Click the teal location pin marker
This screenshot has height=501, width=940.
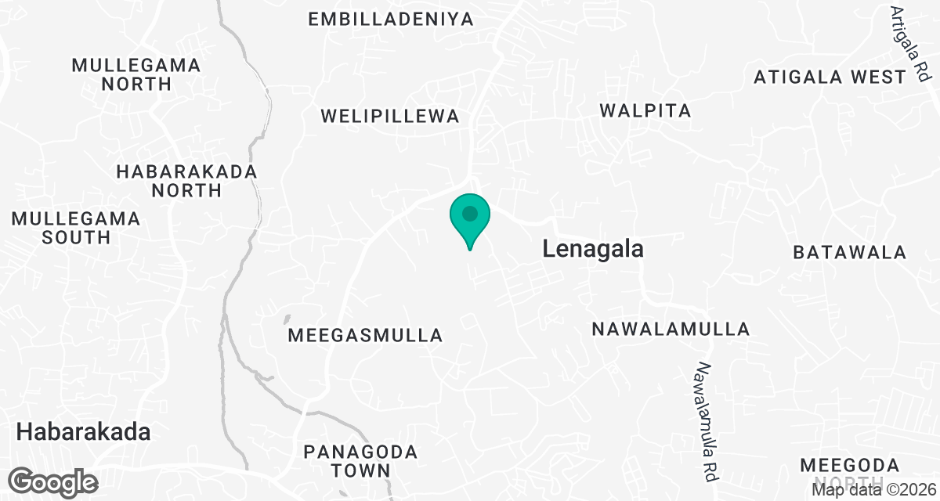[469, 220]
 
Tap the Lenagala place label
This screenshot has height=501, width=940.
[593, 250]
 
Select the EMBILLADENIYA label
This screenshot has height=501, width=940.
[391, 20]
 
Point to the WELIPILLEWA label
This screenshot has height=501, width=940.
[389, 117]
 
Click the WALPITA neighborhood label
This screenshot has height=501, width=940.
[645, 111]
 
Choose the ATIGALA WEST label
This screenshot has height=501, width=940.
[830, 77]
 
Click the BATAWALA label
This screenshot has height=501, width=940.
[849, 253]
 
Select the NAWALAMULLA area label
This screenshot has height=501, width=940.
[671, 329]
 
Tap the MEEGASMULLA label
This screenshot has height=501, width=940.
[366, 336]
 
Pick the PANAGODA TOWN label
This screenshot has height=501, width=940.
[360, 461]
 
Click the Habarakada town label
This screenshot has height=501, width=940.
[83, 431]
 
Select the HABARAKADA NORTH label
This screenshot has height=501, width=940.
[186, 180]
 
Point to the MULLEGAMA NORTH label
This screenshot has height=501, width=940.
[136, 74]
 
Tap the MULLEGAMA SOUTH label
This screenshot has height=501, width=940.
[76, 227]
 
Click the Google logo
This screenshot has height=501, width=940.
[54, 481]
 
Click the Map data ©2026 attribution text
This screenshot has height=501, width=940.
[874, 490]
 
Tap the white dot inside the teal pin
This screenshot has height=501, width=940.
[469, 213]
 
